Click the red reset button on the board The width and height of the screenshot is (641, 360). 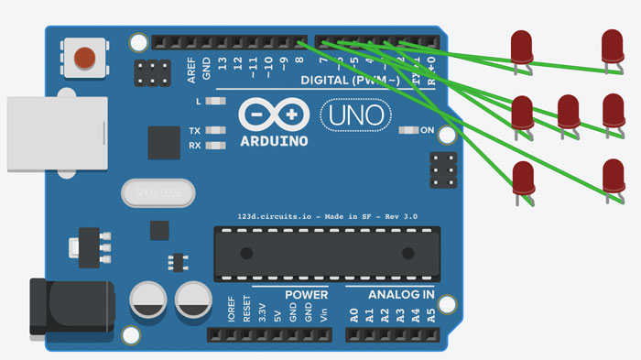[x=83, y=57]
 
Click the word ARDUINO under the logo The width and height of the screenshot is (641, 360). [x=274, y=142]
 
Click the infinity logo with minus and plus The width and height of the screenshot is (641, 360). [x=274, y=115]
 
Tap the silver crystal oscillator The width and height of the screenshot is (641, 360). [x=158, y=193]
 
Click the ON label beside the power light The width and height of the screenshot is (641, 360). [x=427, y=130]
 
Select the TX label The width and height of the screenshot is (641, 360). [x=195, y=131]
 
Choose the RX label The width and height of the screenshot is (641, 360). [x=195, y=146]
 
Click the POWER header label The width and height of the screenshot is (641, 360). [x=306, y=295]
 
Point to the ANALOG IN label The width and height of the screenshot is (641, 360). [x=401, y=295]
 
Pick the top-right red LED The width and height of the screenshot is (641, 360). [x=613, y=46]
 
